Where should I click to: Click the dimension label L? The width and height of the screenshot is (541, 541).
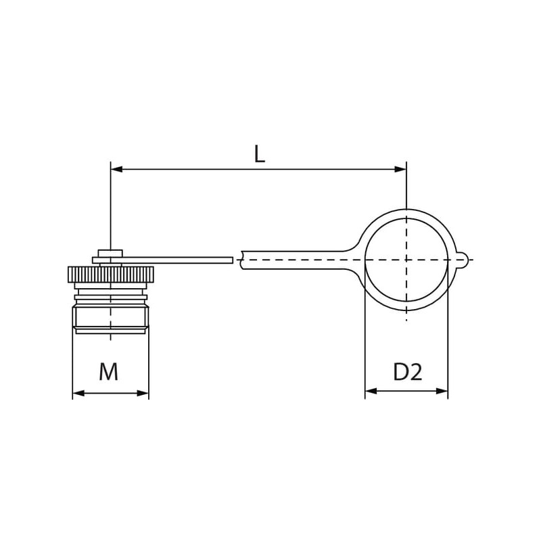pos(259,154)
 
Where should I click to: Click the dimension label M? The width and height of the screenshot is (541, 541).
pos(109,371)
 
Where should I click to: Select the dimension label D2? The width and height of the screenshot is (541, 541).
pos(408,372)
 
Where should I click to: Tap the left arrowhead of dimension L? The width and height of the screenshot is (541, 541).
pos(116,169)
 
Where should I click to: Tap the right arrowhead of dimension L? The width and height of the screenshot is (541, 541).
pos(400,169)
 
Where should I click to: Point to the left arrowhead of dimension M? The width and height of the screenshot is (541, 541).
pos(78,393)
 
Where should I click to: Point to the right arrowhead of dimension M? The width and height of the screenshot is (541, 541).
pos(143,393)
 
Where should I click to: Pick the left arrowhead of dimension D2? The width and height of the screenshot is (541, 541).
pos(371,391)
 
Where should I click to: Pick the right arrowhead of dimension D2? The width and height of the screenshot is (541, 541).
pos(442,391)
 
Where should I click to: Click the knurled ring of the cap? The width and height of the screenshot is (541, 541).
pos(110,275)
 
